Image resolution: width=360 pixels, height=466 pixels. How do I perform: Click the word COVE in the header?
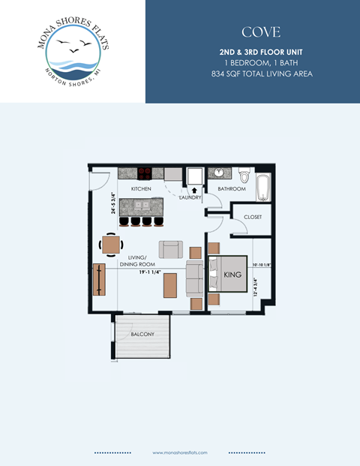(x=261, y=32)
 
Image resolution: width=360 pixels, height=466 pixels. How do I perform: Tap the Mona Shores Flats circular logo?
(x=73, y=51)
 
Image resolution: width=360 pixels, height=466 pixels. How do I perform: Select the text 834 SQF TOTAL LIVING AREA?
(x=261, y=74)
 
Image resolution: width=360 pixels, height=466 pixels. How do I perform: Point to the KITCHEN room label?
(x=141, y=188)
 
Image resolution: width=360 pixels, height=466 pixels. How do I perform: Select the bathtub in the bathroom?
(x=262, y=188)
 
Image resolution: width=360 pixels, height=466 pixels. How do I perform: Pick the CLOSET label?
(x=253, y=217)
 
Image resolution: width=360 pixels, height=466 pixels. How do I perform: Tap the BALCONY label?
(x=142, y=334)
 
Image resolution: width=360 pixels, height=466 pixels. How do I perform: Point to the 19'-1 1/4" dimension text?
(x=151, y=272)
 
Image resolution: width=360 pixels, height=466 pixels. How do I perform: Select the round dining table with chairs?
(x=111, y=245)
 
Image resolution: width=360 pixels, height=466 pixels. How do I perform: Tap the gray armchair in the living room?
(x=169, y=250)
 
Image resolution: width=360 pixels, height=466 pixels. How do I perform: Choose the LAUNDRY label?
(x=190, y=197)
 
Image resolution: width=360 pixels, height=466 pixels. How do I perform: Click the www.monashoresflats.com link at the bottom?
(x=179, y=453)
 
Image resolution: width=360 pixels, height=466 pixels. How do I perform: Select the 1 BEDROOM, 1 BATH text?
(x=261, y=62)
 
